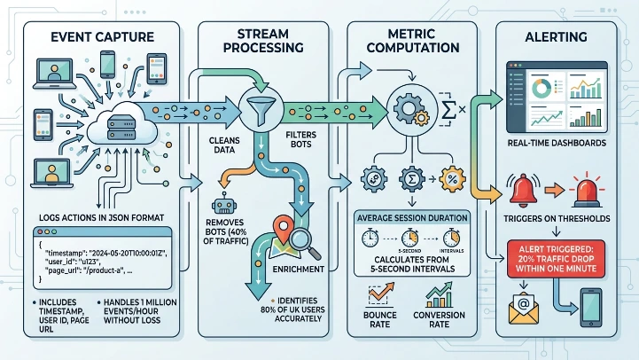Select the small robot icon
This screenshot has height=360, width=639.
click(226, 184)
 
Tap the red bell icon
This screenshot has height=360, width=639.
click(520, 187)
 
